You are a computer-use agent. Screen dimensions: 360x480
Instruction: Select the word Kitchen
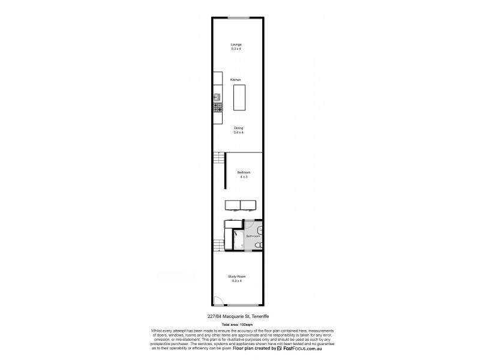[236, 80]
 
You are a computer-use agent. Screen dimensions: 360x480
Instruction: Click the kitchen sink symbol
[217, 97]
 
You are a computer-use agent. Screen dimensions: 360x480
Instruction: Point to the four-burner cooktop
[217, 107]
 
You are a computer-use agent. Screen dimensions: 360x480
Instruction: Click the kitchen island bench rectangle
[239, 97]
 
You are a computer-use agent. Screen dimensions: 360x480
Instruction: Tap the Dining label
[238, 128]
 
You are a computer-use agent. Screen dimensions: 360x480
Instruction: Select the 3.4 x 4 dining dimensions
[238, 132]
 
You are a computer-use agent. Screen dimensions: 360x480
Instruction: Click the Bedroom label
[244, 172]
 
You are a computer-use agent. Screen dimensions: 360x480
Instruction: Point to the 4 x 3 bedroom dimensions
[244, 176]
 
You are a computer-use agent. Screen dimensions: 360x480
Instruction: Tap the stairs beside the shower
[218, 245]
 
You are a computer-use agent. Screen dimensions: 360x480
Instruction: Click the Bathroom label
[253, 236]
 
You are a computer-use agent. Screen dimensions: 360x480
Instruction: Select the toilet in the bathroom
[257, 245]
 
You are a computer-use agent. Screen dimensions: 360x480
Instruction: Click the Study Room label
[237, 277]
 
